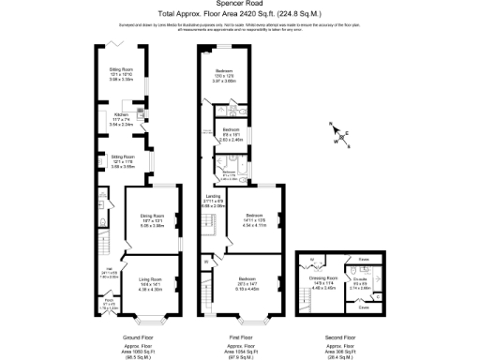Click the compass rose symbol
click(341, 140)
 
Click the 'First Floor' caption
click(241, 336)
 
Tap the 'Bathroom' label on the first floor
click(228, 172)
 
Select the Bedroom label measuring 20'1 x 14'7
click(247, 280)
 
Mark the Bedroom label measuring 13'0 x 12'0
click(225, 71)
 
